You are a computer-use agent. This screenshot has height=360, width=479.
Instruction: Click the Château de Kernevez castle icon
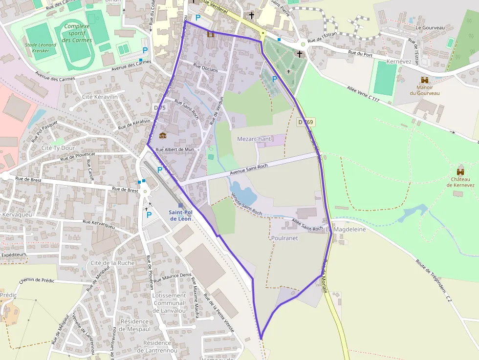tap(460, 171)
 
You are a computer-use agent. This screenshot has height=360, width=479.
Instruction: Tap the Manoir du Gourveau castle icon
tap(424, 80)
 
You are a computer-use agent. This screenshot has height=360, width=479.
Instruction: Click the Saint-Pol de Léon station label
tap(180, 215)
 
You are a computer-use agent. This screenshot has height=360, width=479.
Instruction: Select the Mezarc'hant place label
tap(254, 139)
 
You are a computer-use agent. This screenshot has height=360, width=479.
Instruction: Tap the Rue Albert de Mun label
tap(175, 149)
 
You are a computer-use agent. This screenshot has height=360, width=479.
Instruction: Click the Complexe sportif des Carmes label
tap(77, 33)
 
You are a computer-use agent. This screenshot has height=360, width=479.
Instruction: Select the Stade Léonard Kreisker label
tap(41, 47)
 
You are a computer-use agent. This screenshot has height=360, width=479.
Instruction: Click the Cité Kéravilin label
tap(100, 97)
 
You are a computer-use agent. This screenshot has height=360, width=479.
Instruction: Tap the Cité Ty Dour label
tap(58, 148)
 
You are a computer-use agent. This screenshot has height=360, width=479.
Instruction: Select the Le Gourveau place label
tap(430, 28)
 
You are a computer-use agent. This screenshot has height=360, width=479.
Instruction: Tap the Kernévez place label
tap(399, 62)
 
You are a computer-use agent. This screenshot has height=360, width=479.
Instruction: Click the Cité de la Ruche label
tap(112, 263)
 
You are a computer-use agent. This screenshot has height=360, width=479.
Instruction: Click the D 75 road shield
tap(160, 107)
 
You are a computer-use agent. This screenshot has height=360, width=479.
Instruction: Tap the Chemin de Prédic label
tap(37, 280)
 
